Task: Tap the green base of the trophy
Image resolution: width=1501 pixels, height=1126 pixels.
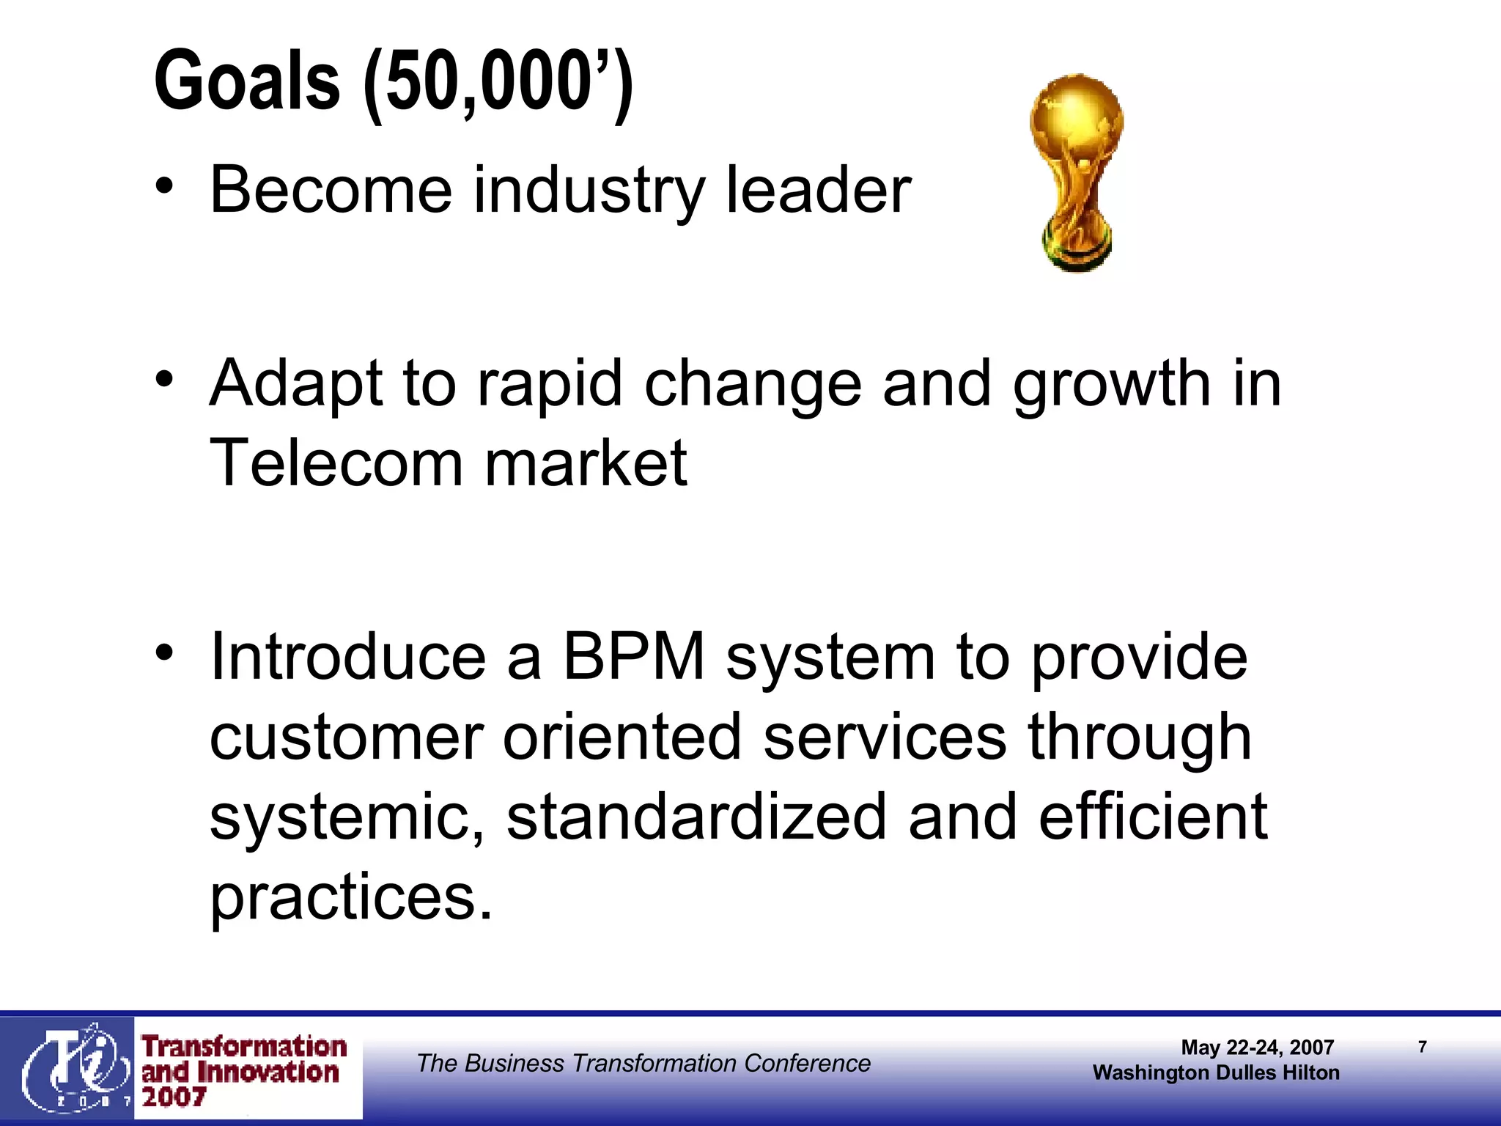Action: pos(1077,253)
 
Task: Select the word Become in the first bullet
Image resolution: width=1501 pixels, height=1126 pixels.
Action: pos(331,190)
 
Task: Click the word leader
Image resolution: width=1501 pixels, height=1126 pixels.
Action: pos(818,190)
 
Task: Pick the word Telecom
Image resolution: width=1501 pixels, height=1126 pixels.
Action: pos(336,463)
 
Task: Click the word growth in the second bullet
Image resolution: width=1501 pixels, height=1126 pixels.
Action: pos(1112,383)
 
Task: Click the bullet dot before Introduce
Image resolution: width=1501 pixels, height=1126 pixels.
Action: pos(165,650)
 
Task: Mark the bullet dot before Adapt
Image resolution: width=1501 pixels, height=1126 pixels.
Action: pos(165,378)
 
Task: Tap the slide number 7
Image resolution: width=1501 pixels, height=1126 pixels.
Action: pos(1422,1047)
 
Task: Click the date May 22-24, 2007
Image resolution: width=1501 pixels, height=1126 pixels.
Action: pos(1257,1048)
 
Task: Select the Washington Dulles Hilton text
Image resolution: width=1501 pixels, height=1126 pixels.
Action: pos(1216,1072)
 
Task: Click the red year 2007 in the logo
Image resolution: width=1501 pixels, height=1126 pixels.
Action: pos(174,1097)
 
